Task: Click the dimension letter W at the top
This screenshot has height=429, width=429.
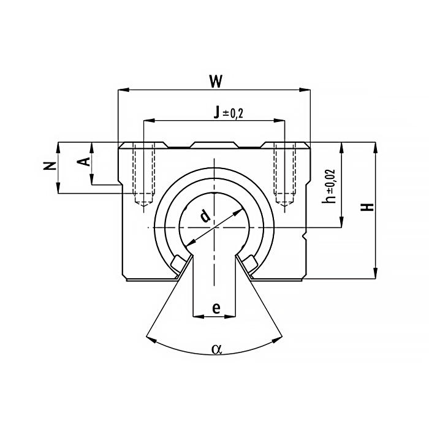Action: click(x=216, y=82)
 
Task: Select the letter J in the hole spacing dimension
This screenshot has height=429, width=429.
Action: click(x=217, y=112)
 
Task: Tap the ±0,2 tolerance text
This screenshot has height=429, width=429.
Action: click(x=233, y=113)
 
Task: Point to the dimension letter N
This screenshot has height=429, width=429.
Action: click(x=50, y=166)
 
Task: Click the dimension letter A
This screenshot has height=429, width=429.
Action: click(x=83, y=161)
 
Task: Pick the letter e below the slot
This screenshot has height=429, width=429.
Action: click(x=216, y=308)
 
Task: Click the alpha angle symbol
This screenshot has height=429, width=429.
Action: click(x=216, y=349)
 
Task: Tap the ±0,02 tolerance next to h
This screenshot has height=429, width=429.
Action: click(x=330, y=181)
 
